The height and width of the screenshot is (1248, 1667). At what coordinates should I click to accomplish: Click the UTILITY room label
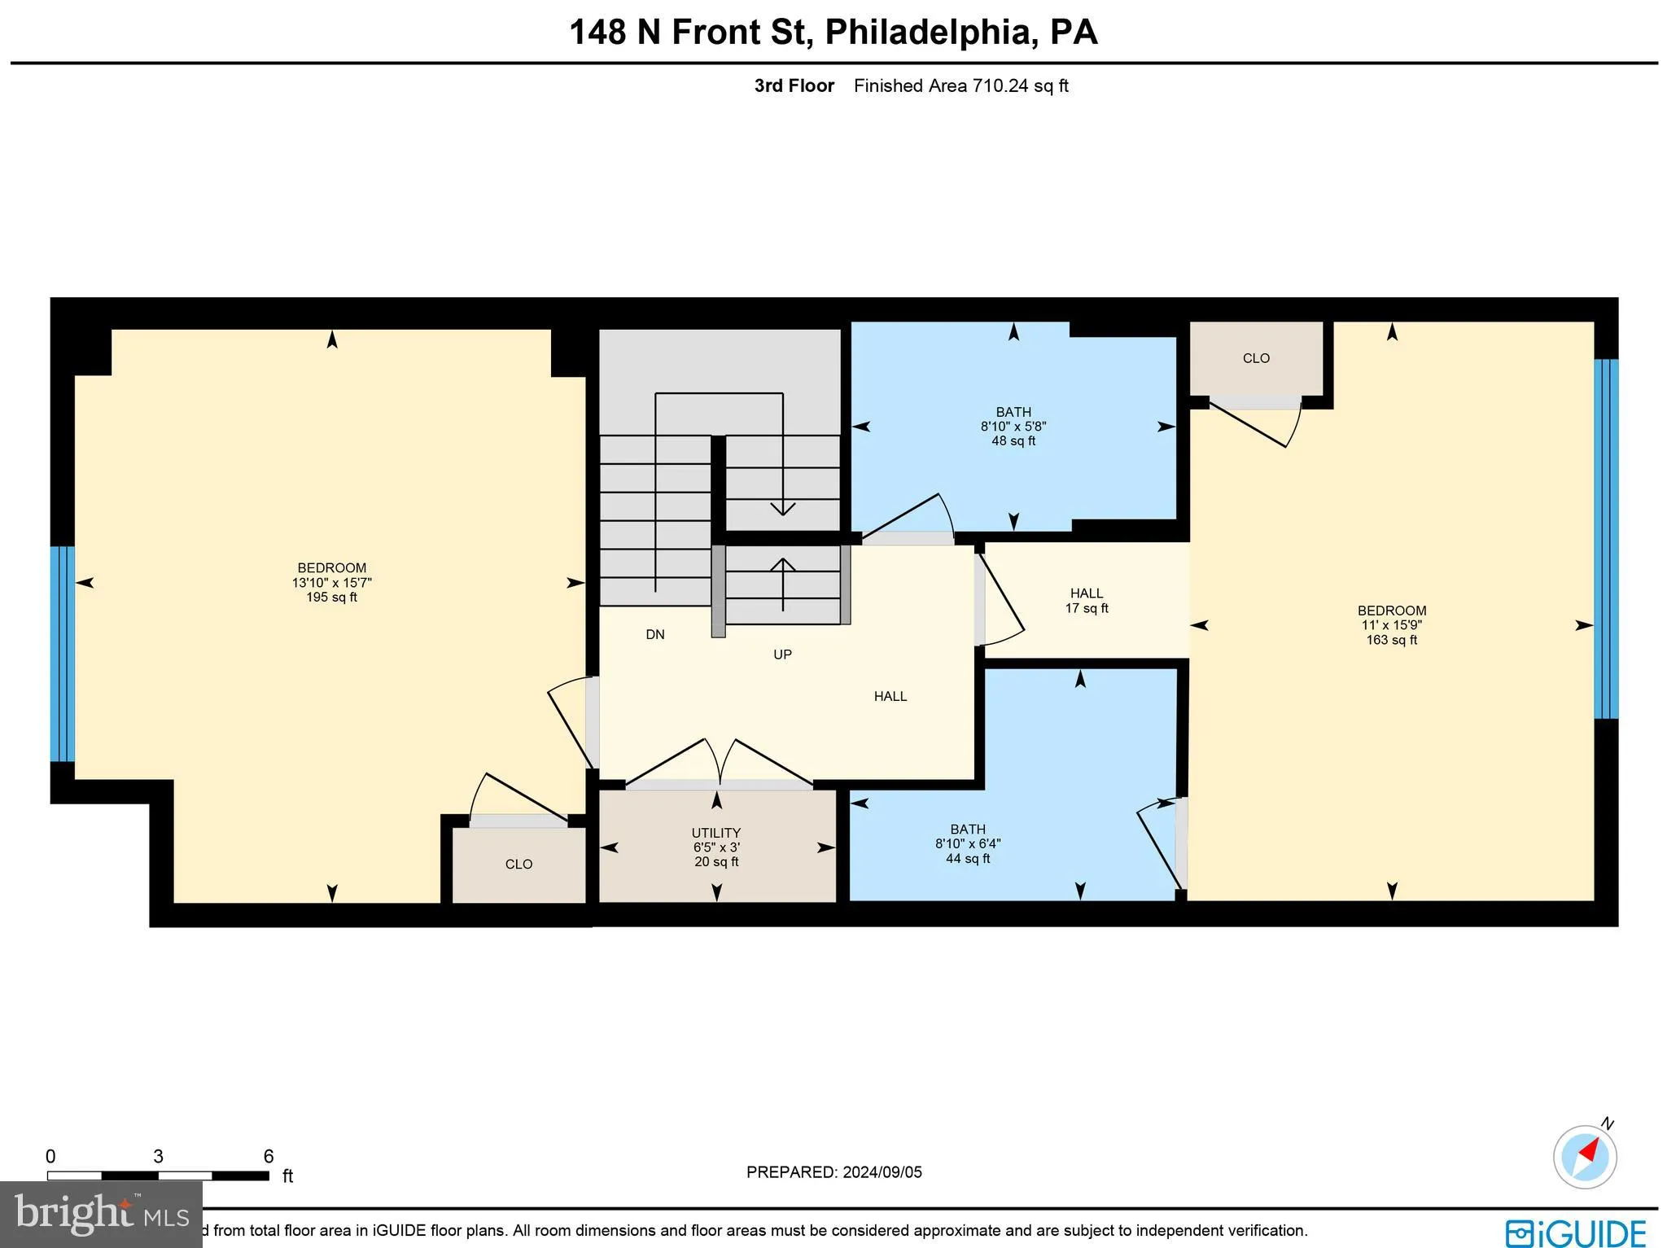pos(715,833)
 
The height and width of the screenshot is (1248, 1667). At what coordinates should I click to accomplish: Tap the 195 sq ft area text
pos(331,598)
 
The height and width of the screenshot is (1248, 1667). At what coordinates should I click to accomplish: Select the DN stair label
pos(655,634)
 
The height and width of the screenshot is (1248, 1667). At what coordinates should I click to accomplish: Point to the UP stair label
pos(782,655)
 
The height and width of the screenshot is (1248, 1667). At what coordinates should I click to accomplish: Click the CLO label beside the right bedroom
pos(1256,358)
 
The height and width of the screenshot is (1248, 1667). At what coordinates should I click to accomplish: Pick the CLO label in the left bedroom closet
pos(518,865)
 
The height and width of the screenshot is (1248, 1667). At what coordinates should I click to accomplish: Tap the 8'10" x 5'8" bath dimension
pos(1013,427)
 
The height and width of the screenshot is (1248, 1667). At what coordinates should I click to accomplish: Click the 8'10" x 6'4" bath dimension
pos(967,844)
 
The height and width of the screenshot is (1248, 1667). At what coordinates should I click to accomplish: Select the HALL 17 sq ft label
pos(1087,601)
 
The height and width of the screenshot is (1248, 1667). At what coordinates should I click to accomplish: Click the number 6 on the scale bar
pos(269,1156)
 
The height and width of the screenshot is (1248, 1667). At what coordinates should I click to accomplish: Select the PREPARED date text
pos(833,1172)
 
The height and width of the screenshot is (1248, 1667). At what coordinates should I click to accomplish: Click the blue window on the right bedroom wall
pos(1605,539)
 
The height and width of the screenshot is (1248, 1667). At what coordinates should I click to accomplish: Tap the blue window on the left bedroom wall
pos(63,654)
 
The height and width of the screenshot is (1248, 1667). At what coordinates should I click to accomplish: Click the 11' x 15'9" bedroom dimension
pos(1391,625)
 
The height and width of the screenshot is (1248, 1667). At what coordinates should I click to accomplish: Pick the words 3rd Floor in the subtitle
pos(794,85)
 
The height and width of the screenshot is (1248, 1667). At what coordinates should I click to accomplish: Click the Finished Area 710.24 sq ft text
pos(960,85)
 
